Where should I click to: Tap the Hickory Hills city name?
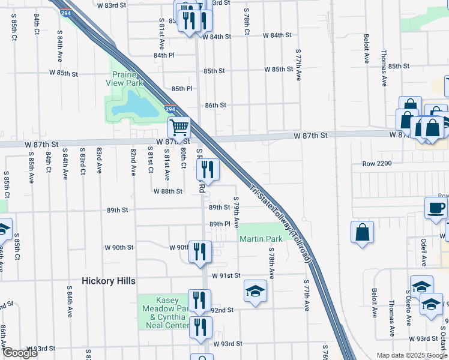pos(109,281)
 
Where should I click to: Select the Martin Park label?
pos(261,239)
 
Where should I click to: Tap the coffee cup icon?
pos(436,208)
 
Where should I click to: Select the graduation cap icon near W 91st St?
pos(255,292)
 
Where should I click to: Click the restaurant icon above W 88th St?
pos(207,170)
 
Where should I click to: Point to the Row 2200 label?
pos(377,163)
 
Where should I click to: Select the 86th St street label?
pos(215,105)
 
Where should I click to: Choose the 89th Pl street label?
pos(219,224)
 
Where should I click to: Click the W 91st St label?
pos(226,275)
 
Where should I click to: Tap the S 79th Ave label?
pos(237,212)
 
